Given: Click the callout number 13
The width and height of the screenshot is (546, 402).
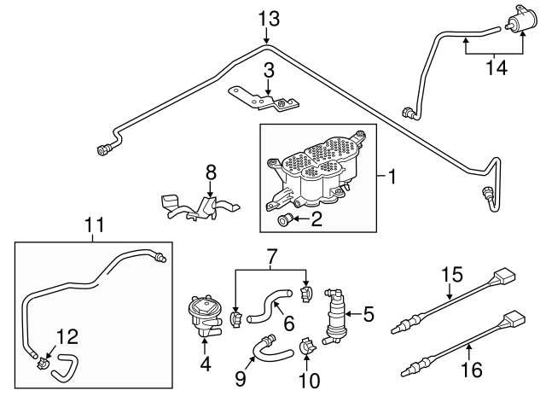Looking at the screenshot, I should [268, 17].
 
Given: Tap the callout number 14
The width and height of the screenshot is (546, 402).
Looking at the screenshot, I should [496, 67].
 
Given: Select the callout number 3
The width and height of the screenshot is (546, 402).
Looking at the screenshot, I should [268, 70].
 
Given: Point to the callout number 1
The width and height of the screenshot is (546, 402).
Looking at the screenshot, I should [392, 178].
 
